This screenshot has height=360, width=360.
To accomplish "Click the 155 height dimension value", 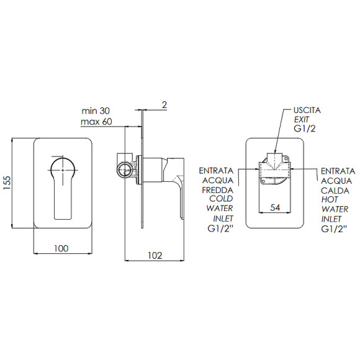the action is tap(7, 182).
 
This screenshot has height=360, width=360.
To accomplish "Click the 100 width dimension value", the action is tap(61, 248).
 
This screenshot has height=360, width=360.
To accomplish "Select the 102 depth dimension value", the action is tap(155, 256).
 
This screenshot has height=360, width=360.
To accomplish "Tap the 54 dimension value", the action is tap(275, 207).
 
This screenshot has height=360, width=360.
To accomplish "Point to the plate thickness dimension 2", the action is tap(164, 105).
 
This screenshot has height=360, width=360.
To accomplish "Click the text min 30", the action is tap(96, 111).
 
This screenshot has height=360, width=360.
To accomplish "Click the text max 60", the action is tap(96, 122).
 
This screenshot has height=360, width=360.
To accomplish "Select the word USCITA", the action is tap(307, 110).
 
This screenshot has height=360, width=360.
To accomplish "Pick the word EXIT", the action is tap(301, 119).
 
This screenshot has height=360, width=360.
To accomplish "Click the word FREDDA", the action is tap(218, 190).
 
